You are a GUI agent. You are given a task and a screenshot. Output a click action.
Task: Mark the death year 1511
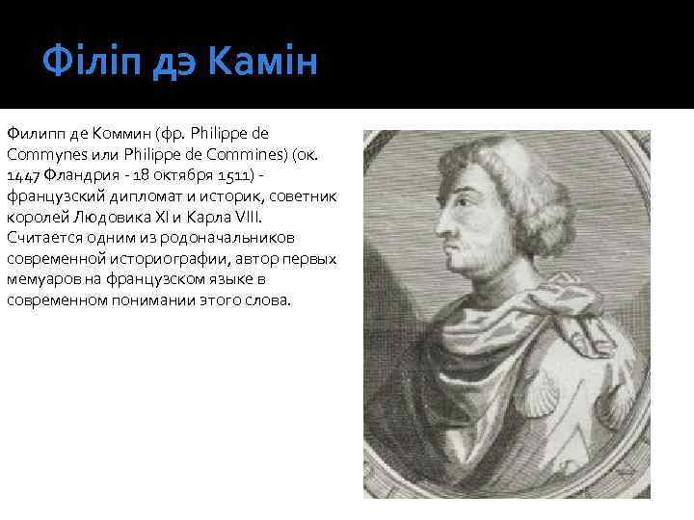point(228,175)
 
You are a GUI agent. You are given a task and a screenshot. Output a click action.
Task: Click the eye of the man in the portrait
point(461,214)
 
